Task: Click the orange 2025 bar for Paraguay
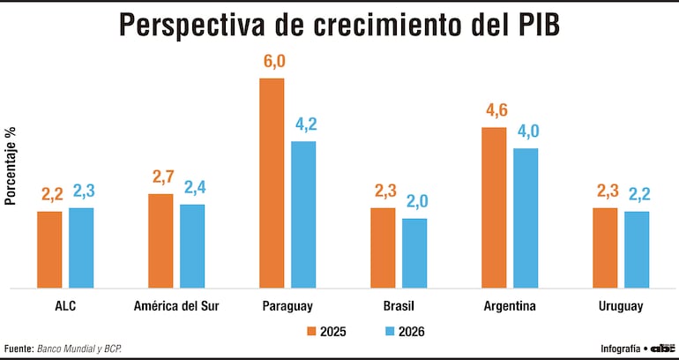[272, 184]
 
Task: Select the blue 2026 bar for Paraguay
[303, 214]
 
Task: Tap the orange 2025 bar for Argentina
[494, 208]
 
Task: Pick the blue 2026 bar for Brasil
[414, 253]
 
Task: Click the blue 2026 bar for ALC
[81, 248]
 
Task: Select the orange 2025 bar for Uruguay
[605, 248]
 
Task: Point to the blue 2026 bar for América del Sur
[192, 246]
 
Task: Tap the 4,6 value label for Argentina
[494, 111]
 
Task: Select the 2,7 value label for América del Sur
[160, 177]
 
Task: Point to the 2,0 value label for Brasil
[414, 202]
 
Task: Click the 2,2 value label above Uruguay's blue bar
[637, 195]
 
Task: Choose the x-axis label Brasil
[399, 306]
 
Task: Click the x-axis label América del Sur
[176, 306]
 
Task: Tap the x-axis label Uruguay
[620, 306]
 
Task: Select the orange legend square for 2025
[311, 332]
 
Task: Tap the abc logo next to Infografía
[662, 348]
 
